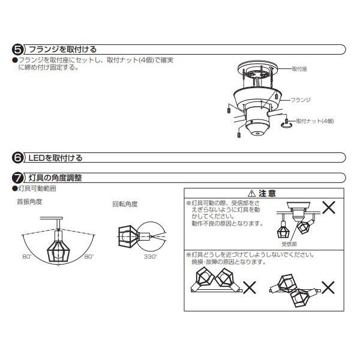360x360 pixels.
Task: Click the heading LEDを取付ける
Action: click(55, 158)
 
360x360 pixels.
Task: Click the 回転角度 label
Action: click(125, 204)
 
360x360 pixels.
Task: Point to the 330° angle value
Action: click(149, 256)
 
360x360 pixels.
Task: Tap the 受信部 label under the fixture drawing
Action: click(289, 245)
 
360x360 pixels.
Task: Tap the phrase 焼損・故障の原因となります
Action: click(229, 262)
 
